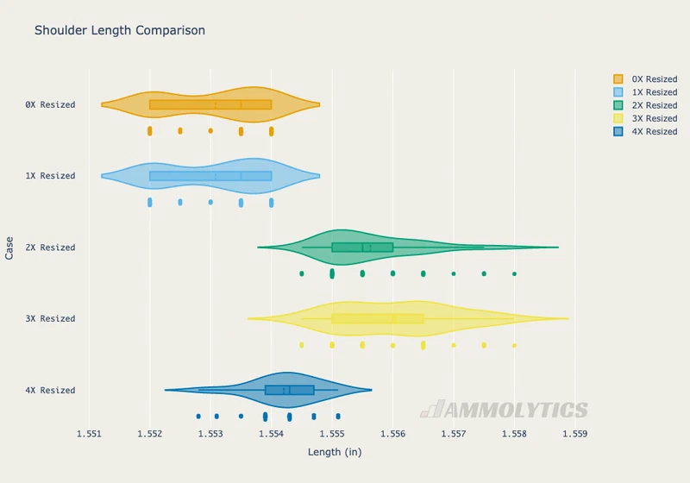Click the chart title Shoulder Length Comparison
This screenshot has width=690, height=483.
click(x=120, y=30)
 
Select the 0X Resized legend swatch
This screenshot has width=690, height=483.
click(x=618, y=79)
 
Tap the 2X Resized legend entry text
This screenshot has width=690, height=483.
click(x=655, y=105)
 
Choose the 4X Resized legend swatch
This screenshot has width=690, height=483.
click(x=618, y=131)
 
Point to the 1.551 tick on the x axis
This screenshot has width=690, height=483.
click(x=90, y=434)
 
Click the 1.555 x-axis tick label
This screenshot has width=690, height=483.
click(x=332, y=434)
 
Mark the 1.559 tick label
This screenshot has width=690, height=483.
click(x=575, y=434)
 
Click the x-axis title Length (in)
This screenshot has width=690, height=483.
click(x=335, y=452)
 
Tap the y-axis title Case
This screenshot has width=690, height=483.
click(x=9, y=248)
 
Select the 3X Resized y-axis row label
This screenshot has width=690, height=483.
click(x=50, y=318)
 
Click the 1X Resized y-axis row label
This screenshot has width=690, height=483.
click(x=50, y=176)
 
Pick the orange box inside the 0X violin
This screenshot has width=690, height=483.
click(x=210, y=104)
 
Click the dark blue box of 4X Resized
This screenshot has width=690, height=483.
click(x=290, y=390)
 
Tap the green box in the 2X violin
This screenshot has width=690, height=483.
click(x=362, y=248)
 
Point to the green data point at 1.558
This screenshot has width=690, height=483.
click(x=514, y=273)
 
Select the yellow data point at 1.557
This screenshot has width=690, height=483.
click(x=454, y=345)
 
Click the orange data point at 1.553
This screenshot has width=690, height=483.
click(x=210, y=130)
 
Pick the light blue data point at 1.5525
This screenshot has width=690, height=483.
click(x=180, y=202)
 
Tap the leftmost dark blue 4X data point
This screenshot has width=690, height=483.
click(x=198, y=416)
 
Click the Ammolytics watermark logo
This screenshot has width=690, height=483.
click(x=505, y=409)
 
